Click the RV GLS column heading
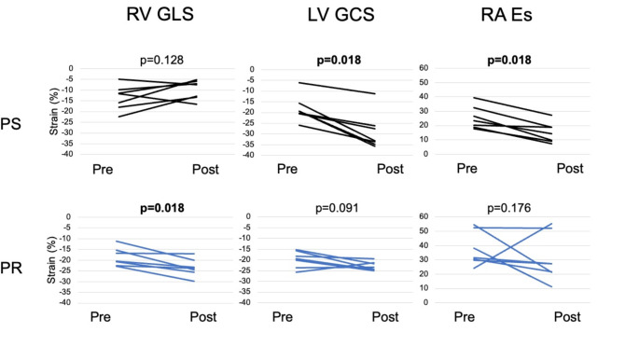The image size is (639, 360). pos(160,14)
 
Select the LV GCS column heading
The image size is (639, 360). pos(340,15)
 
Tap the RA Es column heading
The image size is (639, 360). pos(507,15)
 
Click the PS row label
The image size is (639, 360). pos(10,124)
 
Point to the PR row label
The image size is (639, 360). pos(11,268)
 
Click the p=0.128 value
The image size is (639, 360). pos(161,61)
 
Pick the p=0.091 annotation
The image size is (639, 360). pos(337,208)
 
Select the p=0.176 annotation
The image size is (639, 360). pos(509,208)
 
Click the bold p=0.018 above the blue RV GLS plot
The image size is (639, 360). pos(162,208)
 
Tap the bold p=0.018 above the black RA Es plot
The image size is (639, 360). pos(509,61)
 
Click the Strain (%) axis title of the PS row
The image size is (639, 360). pos(54,112)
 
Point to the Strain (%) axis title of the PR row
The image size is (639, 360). pos(51,260)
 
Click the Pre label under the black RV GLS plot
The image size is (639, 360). pos(103,169)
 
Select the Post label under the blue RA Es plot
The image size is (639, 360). pos(567,317)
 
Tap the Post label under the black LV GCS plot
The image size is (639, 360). pos(390,169)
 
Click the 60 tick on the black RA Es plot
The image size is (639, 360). pos(424,68)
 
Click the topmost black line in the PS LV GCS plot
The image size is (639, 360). pos(337,88)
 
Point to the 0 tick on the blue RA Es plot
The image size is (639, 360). pos(426,302)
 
